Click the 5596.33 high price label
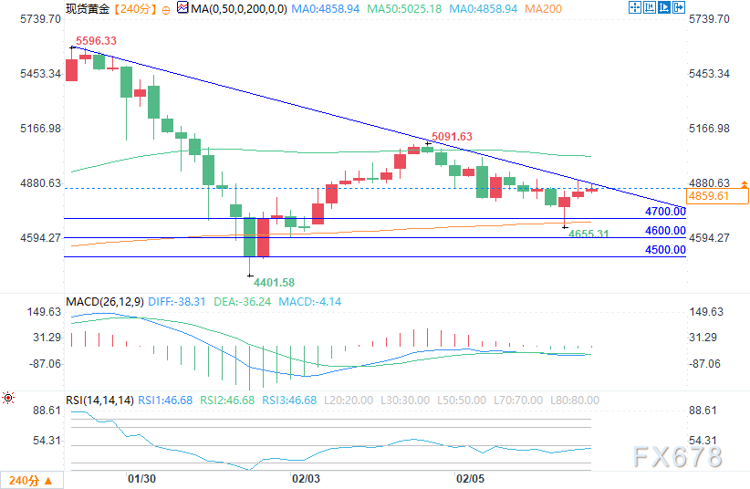click(x=96, y=41)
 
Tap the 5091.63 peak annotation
click(x=452, y=137)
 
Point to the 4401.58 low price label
click(x=275, y=283)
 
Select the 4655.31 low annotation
click(x=589, y=234)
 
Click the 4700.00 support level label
click(x=665, y=212)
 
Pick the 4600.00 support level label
click(x=665, y=231)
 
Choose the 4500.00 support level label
click(x=665, y=250)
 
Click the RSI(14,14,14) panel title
click(x=100, y=400)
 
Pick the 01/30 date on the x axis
click(x=141, y=477)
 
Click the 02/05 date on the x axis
click(x=469, y=477)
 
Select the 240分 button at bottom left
click(x=30, y=480)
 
